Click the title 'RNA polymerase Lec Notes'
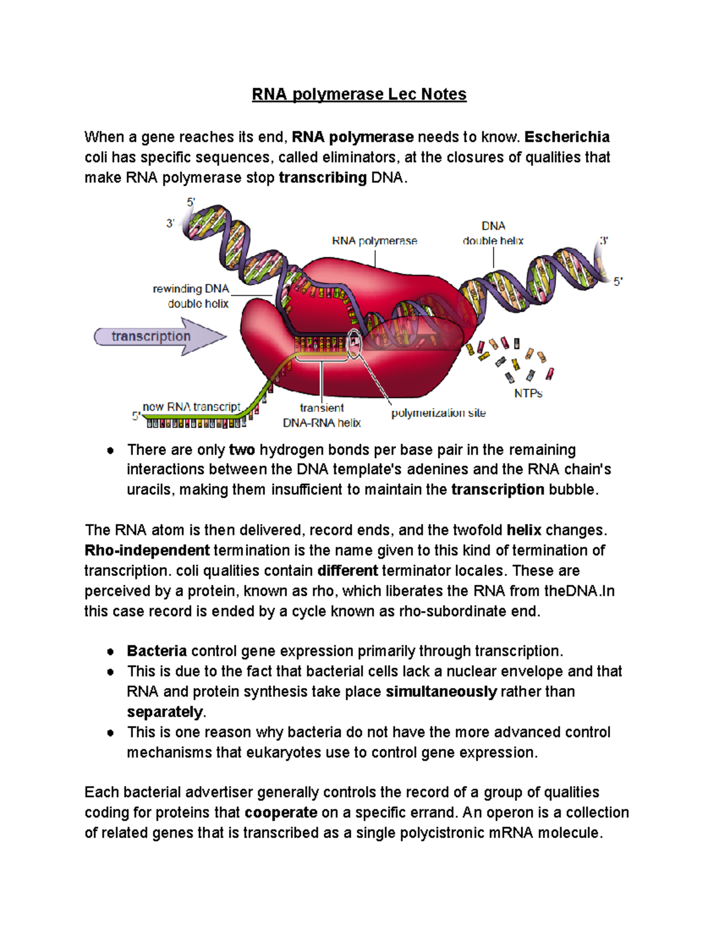pyautogui.click(x=359, y=94)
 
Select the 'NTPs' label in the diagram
pyautogui.click(x=528, y=393)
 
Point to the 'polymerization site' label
pyautogui.click(x=438, y=413)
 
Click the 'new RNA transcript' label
pyautogui.click(x=191, y=407)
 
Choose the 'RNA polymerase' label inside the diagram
pyautogui.click(x=374, y=241)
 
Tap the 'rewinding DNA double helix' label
pyautogui.click(x=191, y=296)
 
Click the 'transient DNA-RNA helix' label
pyautogui.click(x=322, y=415)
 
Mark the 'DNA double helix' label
pyautogui.click(x=493, y=234)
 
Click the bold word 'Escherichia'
pyautogui.click(x=567, y=137)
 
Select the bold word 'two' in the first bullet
pyautogui.click(x=242, y=450)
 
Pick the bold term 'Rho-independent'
pyautogui.click(x=147, y=550)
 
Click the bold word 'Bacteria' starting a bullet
pyautogui.click(x=157, y=651)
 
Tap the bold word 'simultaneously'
pyautogui.click(x=441, y=692)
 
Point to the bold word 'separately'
pyautogui.click(x=165, y=712)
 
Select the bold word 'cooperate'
pyautogui.click(x=281, y=813)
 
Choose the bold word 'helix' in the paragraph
pyautogui.click(x=524, y=530)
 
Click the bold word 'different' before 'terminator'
pyautogui.click(x=348, y=571)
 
